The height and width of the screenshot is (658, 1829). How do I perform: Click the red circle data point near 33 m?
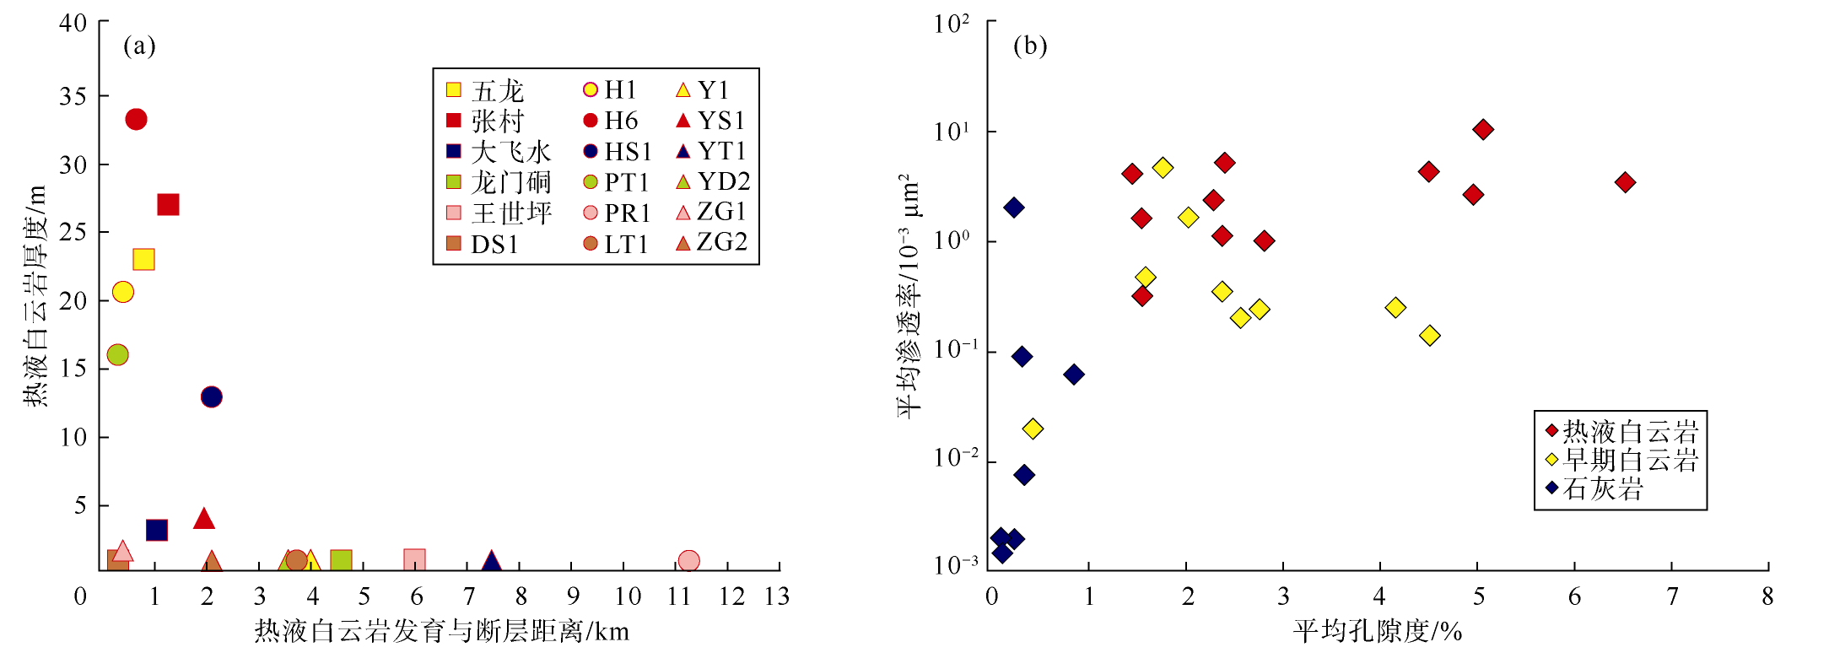pyautogui.click(x=136, y=120)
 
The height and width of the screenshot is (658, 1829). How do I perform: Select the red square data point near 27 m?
pyautogui.click(x=168, y=205)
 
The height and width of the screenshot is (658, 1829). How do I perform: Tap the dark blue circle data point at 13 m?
pyautogui.click(x=211, y=396)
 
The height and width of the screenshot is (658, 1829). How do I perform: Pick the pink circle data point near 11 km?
pyautogui.click(x=688, y=561)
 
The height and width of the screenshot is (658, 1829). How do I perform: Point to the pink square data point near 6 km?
pyautogui.click(x=414, y=560)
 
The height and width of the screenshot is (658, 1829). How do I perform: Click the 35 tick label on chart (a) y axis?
pyautogui.click(x=73, y=96)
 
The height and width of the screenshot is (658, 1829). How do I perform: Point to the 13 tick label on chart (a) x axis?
pyautogui.click(x=776, y=597)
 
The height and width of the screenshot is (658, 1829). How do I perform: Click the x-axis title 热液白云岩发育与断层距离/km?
pyautogui.click(x=441, y=631)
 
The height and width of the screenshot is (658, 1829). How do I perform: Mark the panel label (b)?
pyautogui.click(x=1029, y=46)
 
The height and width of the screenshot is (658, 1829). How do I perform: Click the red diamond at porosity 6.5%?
pyautogui.click(x=1625, y=182)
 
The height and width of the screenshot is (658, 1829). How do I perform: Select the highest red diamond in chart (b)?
pyautogui.click(x=1482, y=129)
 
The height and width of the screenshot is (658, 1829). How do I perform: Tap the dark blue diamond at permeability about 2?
pyautogui.click(x=1014, y=208)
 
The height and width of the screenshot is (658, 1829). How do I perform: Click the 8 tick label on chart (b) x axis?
pyautogui.click(x=1767, y=597)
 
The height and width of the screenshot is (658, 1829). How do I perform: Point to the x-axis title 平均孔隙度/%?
pyautogui.click(x=1377, y=631)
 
